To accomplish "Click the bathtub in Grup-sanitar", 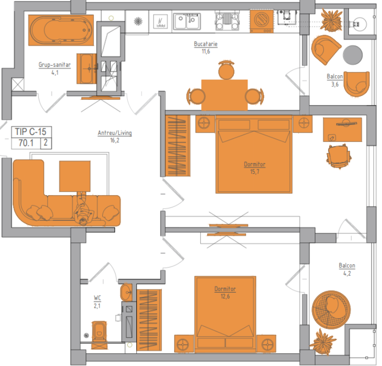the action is (61, 30).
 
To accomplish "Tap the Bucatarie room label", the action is (205, 44).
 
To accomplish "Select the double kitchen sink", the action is (187, 21).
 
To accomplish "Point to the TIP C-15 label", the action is (31, 132).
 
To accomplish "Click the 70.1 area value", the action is (26, 143).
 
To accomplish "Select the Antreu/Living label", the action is (115, 133).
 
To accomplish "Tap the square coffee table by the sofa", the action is (75, 176).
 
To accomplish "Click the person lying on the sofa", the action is (82, 208).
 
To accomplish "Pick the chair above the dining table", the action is (226, 70).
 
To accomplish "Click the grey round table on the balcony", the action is (353, 55).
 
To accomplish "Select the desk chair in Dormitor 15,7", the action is (338, 156).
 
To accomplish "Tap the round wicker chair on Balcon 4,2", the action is (331, 310).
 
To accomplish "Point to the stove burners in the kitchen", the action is (227, 21).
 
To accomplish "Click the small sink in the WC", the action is (126, 292).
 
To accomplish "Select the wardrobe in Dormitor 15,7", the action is (178, 145).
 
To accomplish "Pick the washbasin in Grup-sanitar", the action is (87, 69).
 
